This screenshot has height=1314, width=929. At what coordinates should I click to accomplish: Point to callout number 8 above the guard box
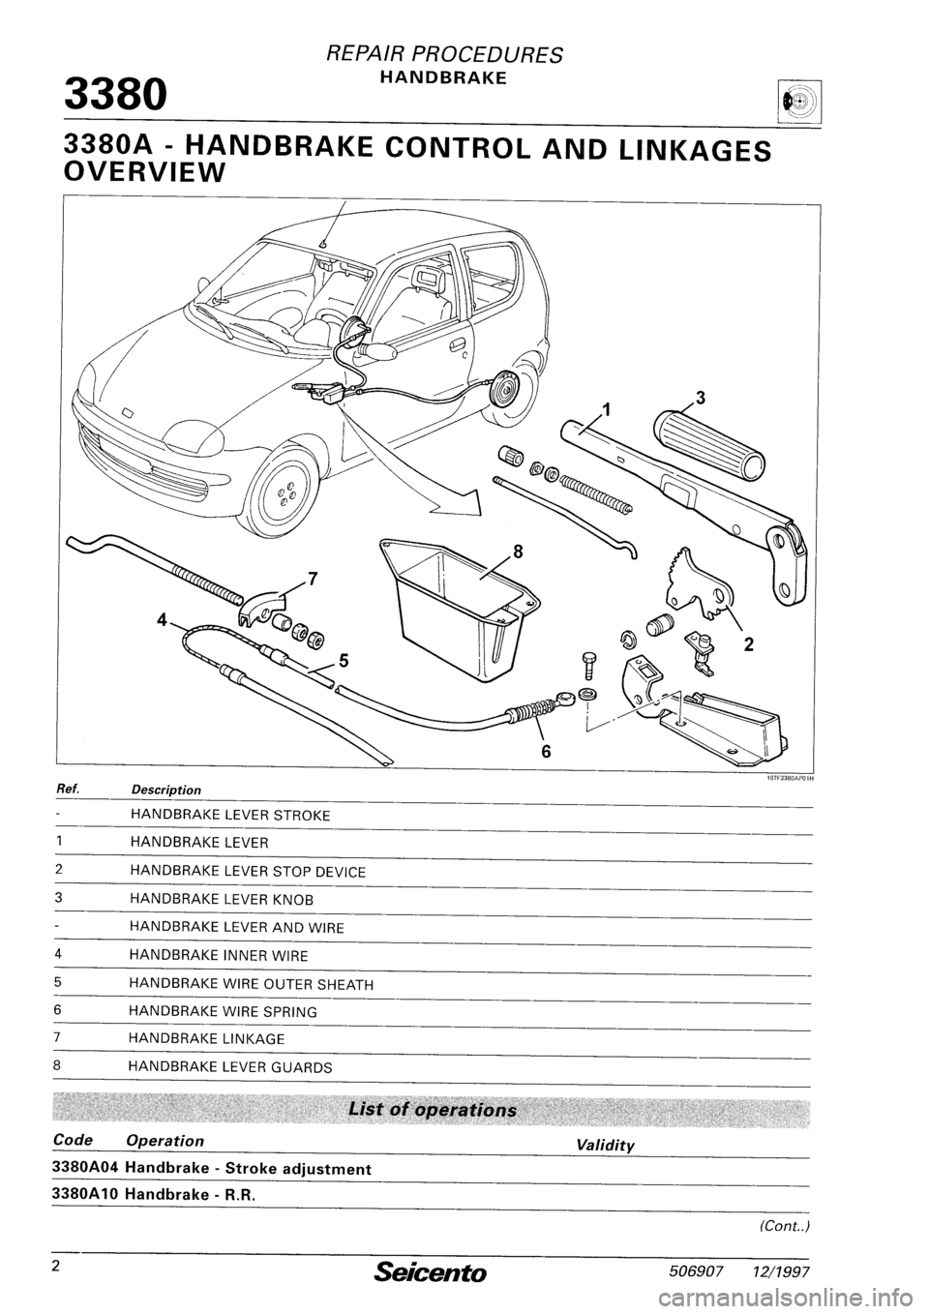pos(519,552)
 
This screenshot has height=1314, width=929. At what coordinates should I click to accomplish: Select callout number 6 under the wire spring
pos(546,753)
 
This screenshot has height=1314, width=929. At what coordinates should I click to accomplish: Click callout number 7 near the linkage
pos(311,578)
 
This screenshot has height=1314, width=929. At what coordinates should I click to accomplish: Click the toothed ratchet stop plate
pos(699,585)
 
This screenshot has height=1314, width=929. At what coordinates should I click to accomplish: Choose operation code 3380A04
pos(89,1168)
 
